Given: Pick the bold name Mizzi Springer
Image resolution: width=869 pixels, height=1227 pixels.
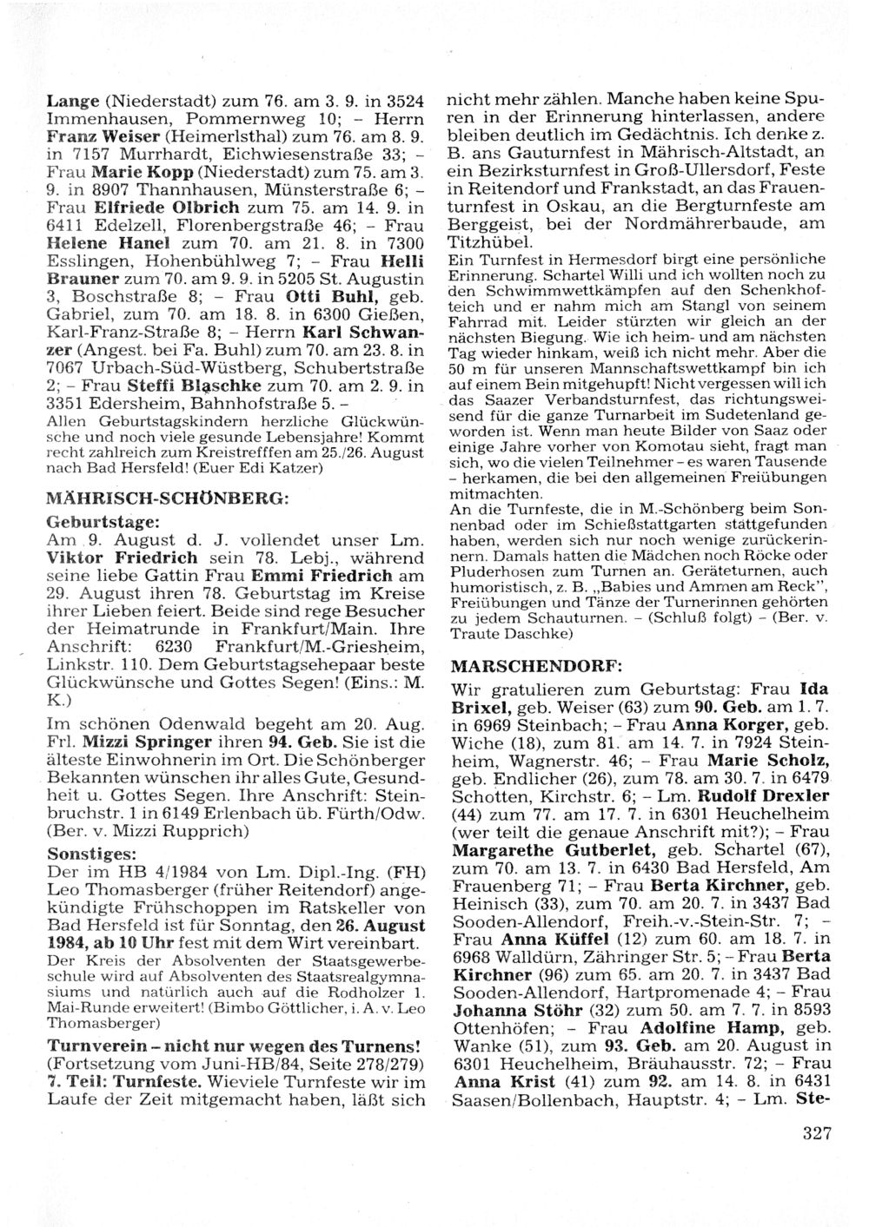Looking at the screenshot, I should click(x=147, y=742).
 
